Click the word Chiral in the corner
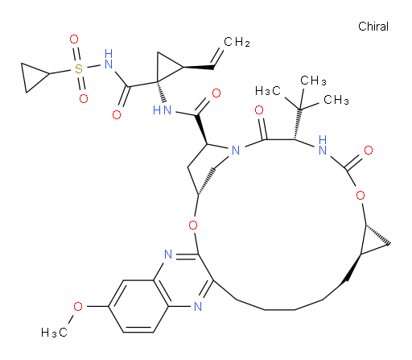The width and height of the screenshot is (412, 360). click(373, 27)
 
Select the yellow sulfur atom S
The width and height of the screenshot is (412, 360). click(78, 69)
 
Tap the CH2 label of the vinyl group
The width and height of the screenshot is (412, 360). click(237, 42)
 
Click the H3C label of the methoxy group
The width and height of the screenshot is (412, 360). click(54, 333)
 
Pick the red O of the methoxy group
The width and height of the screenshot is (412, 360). click(78, 306)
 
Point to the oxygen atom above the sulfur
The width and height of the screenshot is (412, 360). click(74, 39)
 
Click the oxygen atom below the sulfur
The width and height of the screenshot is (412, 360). click(84, 98)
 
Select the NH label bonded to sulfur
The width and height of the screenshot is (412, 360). click(109, 59)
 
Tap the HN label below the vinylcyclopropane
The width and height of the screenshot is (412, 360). click(162, 110)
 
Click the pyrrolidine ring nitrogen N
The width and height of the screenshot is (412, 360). click(236, 151)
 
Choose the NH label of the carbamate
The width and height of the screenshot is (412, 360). click(323, 145)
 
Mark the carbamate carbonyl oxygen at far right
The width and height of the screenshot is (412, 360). click(369, 150)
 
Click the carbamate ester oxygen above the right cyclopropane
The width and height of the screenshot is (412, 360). click(360, 195)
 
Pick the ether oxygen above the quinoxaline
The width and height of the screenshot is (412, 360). click(193, 225)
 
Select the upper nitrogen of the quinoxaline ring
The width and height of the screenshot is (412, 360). click(168, 254)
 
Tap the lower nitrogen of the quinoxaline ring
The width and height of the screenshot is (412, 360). click(198, 306)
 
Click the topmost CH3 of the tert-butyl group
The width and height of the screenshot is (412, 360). click(313, 81)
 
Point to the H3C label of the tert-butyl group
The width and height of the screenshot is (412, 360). click(268, 91)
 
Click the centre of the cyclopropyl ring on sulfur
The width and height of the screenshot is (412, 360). click(32, 77)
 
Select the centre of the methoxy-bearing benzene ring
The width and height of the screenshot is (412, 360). click(138, 306)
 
